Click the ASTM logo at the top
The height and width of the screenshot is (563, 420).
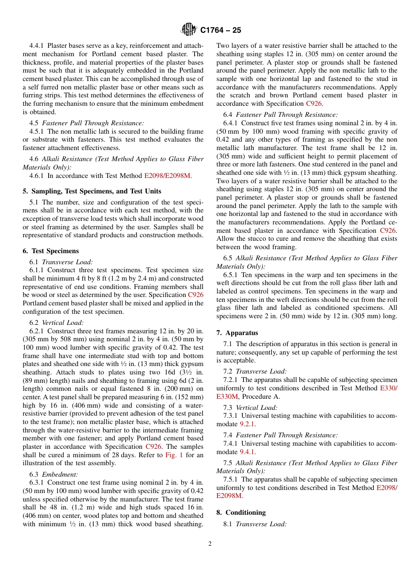[x=189, y=30]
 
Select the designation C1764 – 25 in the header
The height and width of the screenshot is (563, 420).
[x=221, y=31]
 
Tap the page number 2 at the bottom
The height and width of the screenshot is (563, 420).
[x=210, y=544]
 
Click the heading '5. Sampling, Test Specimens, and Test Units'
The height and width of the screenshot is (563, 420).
[x=92, y=191]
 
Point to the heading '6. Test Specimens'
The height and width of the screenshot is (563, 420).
[x=51, y=251]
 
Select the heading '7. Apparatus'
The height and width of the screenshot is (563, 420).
[x=237, y=333]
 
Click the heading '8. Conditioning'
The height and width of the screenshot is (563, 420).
[x=241, y=513]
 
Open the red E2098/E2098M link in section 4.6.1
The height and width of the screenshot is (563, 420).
[x=167, y=176]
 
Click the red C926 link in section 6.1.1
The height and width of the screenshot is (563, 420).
[x=196, y=295]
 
